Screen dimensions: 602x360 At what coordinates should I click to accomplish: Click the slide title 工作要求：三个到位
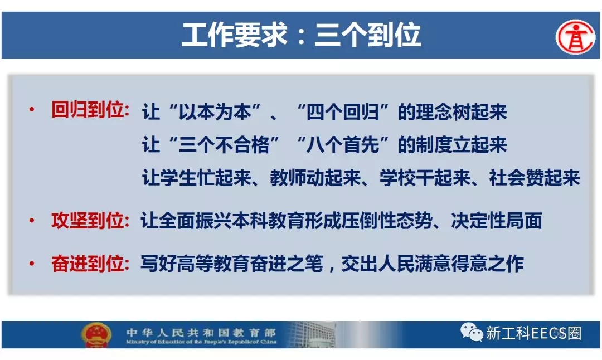tap(301, 35)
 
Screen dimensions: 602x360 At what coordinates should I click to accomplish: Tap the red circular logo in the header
tap(575, 37)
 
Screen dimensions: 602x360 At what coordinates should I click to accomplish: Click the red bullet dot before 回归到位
tap(32, 110)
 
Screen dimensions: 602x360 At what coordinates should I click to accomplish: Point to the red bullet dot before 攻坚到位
tap(32, 221)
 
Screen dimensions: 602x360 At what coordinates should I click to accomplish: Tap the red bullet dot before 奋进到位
tap(32, 264)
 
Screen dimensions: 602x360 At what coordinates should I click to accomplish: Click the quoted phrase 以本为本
tap(215, 112)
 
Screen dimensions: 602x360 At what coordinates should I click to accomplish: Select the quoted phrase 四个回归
tap(342, 112)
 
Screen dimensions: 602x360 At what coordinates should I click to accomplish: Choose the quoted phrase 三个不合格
tap(224, 145)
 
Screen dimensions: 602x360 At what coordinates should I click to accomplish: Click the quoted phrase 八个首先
tap(342, 145)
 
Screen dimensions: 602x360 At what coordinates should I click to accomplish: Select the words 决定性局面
tap(497, 221)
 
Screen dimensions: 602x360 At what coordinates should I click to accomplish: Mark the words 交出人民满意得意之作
tap(433, 264)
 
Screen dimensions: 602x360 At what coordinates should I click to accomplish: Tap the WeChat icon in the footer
tap(472, 332)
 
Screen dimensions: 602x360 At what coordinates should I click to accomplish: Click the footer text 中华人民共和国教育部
tap(201, 332)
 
